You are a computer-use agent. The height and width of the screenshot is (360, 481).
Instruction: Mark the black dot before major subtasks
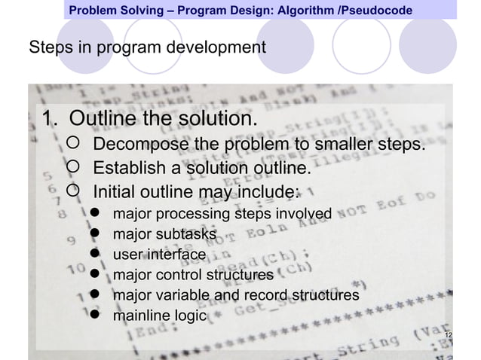95,235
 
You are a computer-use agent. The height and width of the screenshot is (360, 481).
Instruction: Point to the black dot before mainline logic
95,316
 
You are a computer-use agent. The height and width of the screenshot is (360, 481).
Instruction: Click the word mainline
140,316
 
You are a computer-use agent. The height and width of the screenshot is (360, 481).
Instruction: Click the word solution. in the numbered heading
216,120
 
